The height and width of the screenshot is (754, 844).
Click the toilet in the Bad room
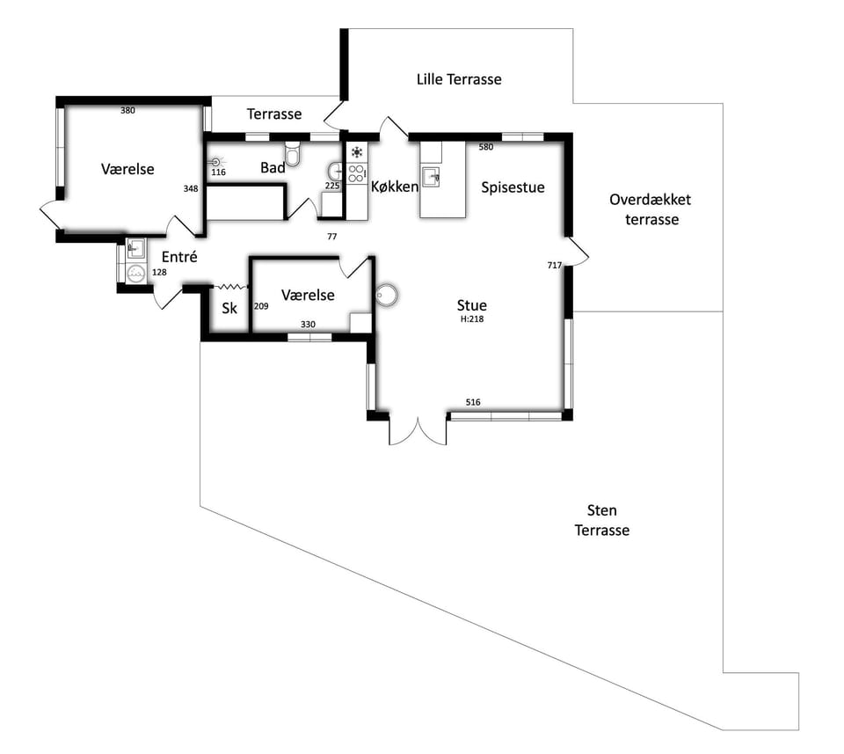coord(293,153)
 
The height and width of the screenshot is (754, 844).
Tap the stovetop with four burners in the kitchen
coord(356,173)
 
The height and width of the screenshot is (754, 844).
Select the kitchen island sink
coord(431,177)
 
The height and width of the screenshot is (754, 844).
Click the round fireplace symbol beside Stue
coord(386,295)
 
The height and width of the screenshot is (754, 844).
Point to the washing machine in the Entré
coord(135,273)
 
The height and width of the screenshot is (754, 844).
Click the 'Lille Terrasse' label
coord(459,80)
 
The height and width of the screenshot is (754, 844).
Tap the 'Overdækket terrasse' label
coord(651,209)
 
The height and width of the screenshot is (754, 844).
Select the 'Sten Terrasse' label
coord(601,520)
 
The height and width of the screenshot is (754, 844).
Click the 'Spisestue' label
coord(513,187)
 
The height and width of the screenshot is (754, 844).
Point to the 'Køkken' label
coord(395,187)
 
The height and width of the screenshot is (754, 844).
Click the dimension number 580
coord(486,147)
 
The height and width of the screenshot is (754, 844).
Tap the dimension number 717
coord(555,265)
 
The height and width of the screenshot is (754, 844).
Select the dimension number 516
coord(473,402)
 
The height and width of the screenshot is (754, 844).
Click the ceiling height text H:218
coord(472,318)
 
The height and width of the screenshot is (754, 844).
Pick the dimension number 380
coord(127,110)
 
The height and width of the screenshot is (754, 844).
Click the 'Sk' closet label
coord(229,308)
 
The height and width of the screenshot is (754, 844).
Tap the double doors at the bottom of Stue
coord(418,430)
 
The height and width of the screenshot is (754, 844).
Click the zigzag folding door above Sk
coord(230,287)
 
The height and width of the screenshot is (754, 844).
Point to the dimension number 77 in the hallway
coord(332,237)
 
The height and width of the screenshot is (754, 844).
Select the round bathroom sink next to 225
coord(335,172)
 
